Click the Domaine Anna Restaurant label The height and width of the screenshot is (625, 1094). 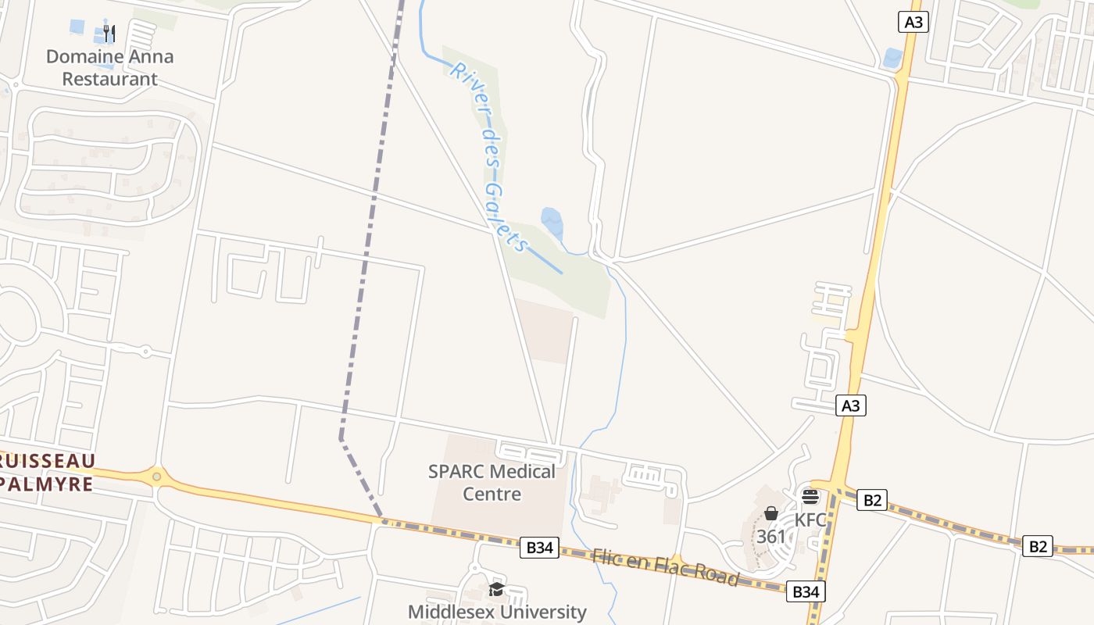click(x=109, y=67)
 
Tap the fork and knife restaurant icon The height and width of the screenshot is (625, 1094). click(x=109, y=34)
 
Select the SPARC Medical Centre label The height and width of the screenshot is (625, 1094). click(x=492, y=482)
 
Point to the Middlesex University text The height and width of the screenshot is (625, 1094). click(x=497, y=612)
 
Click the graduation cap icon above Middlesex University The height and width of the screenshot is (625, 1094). click(x=496, y=589)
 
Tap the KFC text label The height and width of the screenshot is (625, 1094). click(x=810, y=520)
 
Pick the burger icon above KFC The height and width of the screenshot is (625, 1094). click(x=810, y=497)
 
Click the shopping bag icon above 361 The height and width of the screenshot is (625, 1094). click(x=771, y=513)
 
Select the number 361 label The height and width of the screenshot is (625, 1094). click(x=771, y=537)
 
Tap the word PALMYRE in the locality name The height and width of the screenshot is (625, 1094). click(x=47, y=484)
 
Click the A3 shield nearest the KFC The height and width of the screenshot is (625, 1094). click(x=851, y=405)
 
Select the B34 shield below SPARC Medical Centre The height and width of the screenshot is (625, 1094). click(x=539, y=548)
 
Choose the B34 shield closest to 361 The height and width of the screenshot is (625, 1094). click(x=806, y=591)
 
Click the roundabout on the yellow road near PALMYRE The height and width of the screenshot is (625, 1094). click(x=157, y=475)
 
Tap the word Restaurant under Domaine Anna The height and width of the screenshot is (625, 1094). click(x=109, y=79)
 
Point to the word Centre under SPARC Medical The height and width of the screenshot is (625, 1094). click(x=492, y=494)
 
